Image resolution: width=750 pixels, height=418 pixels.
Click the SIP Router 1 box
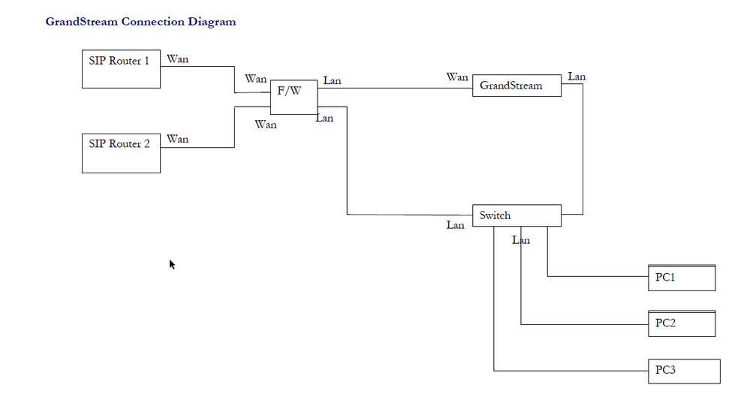tap(120, 69)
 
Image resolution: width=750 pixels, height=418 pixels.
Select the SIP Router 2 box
tap(120, 152)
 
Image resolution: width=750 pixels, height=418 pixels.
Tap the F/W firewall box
tap(294, 97)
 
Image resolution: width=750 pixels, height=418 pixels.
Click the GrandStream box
tap(516, 86)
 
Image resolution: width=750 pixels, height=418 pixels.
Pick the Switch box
tap(516, 215)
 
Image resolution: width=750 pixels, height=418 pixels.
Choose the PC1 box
tap(681, 278)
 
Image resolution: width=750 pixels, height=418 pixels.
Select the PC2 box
tap(681, 323)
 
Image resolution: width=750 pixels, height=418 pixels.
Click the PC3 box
tap(683, 371)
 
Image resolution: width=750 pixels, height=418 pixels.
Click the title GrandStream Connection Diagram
tap(140, 22)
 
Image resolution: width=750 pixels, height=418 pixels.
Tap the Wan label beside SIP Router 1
tap(178, 59)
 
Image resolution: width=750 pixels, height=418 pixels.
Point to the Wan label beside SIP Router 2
tap(178, 139)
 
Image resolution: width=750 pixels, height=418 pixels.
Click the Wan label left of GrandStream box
tap(457, 77)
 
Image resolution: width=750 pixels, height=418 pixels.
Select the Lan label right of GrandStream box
tap(577, 77)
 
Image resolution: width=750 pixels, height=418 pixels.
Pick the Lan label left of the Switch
tap(455, 225)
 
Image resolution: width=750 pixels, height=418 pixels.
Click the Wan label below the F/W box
tap(266, 125)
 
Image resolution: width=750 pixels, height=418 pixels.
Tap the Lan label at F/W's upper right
tap(332, 80)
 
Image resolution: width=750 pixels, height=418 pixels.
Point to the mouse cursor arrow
tap(172, 264)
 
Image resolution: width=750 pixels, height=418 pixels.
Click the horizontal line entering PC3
tap(571, 371)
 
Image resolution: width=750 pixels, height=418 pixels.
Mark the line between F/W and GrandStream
tap(394, 88)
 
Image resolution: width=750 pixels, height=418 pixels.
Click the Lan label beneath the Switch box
tap(521, 240)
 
